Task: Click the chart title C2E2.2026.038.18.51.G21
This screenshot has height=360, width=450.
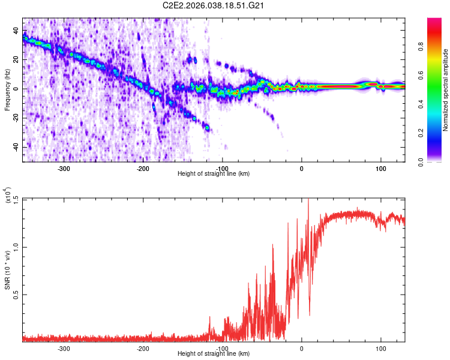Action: tap(214, 5)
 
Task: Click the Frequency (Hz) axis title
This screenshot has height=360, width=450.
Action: tap(7, 89)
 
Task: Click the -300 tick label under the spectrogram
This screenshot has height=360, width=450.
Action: tap(64, 168)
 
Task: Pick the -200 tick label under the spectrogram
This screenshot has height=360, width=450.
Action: tap(143, 168)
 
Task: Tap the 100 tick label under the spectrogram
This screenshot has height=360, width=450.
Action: tap(380, 168)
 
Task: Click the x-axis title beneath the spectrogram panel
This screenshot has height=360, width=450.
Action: tap(214, 174)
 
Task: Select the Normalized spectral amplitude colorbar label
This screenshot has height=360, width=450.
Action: tap(446, 90)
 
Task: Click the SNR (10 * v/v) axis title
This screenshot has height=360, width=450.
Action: tap(7, 270)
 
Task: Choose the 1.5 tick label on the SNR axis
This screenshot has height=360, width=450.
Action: tap(16, 199)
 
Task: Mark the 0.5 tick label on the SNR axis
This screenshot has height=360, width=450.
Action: tap(16, 295)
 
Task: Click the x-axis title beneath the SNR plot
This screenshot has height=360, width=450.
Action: tap(214, 354)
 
